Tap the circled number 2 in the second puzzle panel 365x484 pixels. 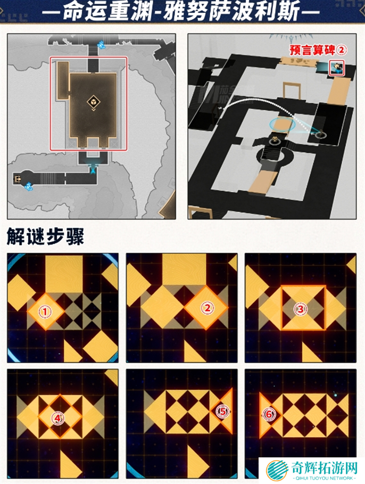(x=207, y=307)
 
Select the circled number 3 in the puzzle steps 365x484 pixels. (x=302, y=308)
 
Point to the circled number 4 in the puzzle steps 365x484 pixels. (x=57, y=418)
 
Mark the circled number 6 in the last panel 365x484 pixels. (x=269, y=414)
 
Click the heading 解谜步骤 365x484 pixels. (x=45, y=237)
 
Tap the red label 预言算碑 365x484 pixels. (x=312, y=50)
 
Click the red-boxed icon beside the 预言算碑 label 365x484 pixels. (x=337, y=68)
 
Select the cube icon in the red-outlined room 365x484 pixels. (x=92, y=102)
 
